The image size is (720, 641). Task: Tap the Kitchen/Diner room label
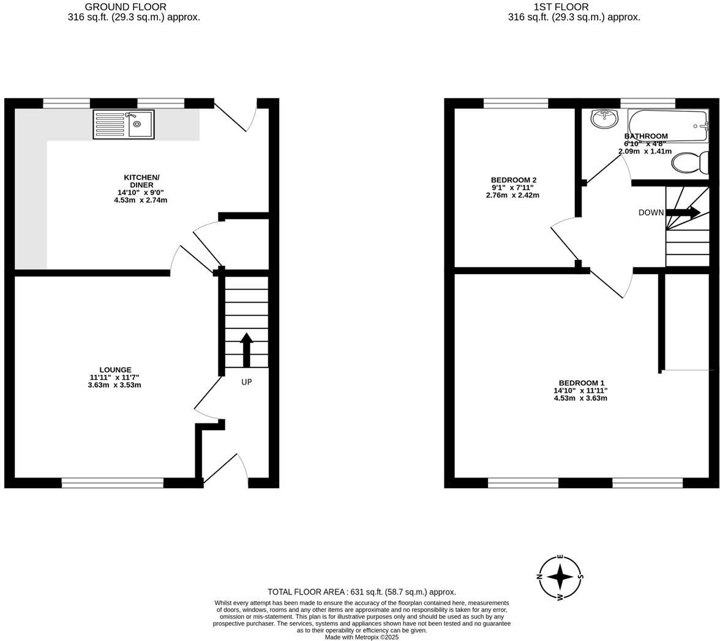point(141,181)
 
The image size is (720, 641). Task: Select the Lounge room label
point(115,370)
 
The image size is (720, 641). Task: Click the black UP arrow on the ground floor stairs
point(246,349)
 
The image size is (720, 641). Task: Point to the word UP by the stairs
point(246,382)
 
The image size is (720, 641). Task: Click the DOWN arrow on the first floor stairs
point(683,213)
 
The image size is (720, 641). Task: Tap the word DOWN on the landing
point(651,213)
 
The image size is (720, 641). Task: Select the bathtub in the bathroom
point(667,120)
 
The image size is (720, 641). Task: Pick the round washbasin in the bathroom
point(605,118)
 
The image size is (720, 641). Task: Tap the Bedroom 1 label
point(580,383)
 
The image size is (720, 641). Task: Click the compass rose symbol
point(560,577)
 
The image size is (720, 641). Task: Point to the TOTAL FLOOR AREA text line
point(362,592)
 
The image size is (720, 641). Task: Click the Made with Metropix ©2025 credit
point(362,637)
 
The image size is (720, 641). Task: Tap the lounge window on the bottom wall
point(113,483)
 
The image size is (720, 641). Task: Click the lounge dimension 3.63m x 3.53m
point(114,385)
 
